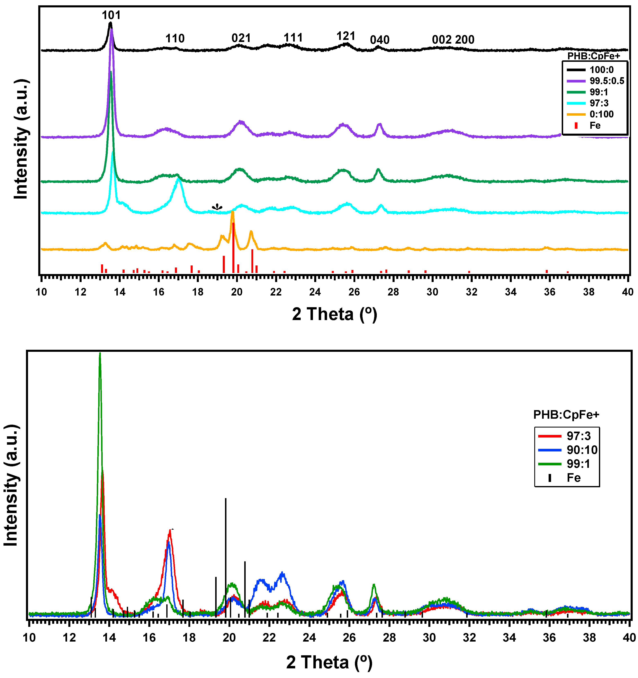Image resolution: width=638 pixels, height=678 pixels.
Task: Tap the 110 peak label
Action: tap(175, 38)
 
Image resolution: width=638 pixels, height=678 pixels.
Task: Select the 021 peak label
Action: tap(241, 38)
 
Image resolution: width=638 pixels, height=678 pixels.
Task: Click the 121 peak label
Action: tap(345, 36)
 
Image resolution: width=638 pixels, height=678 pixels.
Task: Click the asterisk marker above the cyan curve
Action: tap(217, 207)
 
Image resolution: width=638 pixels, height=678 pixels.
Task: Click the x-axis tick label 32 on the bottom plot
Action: tap(469, 638)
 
